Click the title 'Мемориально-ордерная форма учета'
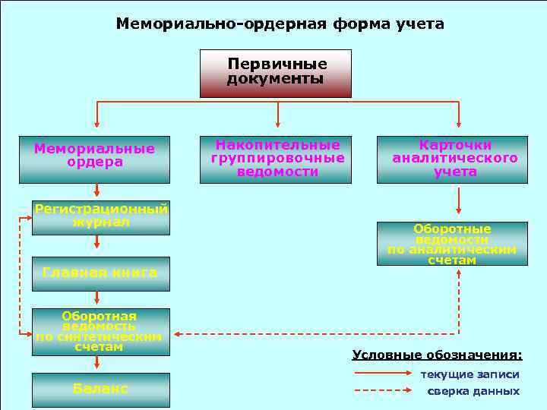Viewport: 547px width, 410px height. pos(280,24)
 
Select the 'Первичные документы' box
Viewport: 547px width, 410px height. pos(276,73)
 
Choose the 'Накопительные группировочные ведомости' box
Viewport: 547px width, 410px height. pos(276,159)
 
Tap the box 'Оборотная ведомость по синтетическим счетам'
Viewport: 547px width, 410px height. pos(100,332)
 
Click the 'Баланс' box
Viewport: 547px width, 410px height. pos(100,389)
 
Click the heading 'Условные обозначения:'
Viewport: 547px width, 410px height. pos(437,355)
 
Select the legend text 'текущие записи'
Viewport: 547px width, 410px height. pos(470,374)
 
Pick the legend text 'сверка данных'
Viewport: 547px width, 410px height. pos(473,391)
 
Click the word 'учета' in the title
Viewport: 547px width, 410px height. pos(419,24)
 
